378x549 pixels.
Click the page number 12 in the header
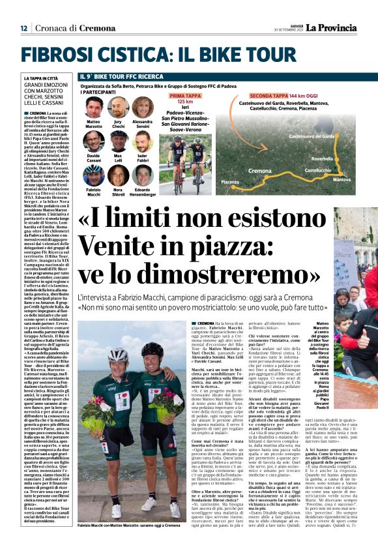[x=23, y=28]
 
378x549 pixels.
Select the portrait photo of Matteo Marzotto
[x=94, y=107]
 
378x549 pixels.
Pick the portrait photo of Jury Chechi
[x=118, y=107]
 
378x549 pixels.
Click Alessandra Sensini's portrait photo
[x=142, y=107]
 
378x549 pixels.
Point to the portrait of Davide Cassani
[x=94, y=141]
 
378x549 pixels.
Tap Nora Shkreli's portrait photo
[x=118, y=175]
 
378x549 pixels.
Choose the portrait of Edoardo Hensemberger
[x=142, y=175]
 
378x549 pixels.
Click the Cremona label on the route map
[x=260, y=170]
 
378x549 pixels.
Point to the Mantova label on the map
[x=342, y=179]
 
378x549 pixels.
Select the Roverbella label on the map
[x=322, y=158]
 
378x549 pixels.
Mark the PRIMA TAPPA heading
[x=185, y=95]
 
